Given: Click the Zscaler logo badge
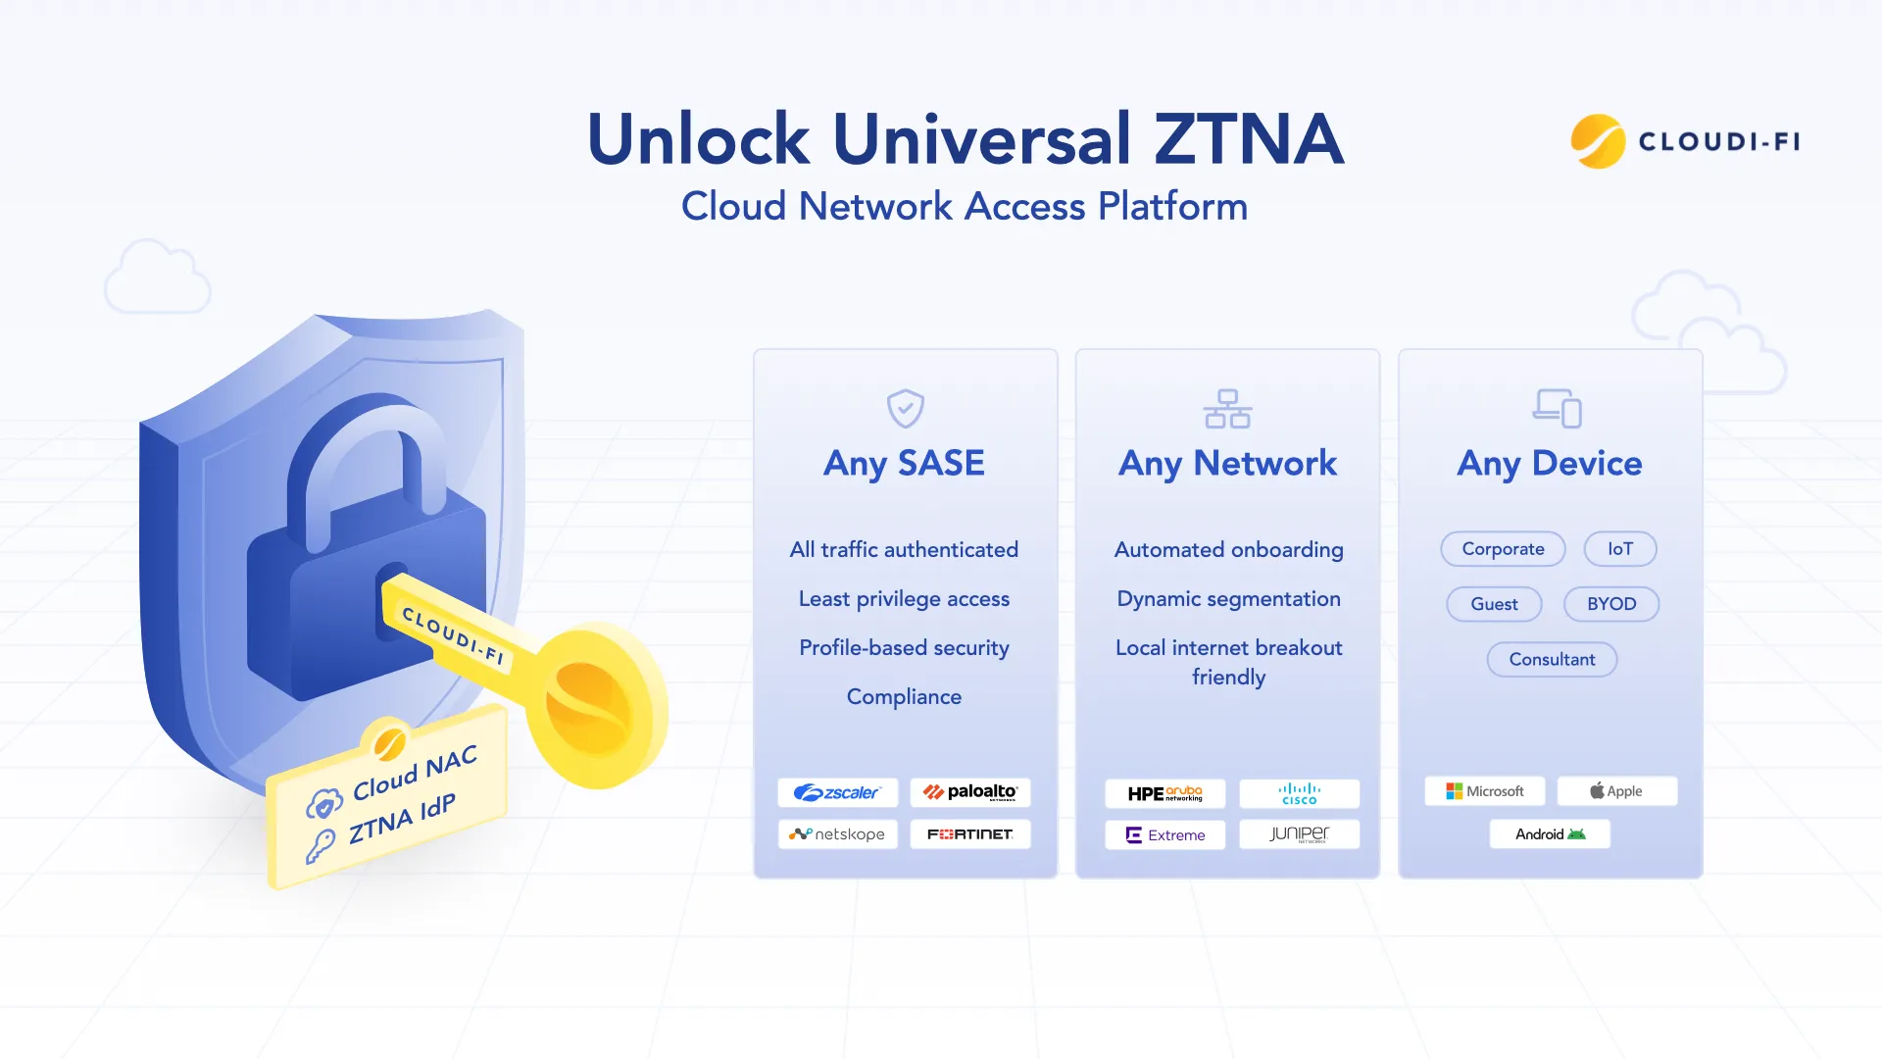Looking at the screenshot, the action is tap(837, 792).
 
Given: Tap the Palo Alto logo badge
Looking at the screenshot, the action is tap(969, 792).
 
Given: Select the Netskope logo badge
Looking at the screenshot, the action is tap(837, 834).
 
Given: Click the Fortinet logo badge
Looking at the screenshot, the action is tap(969, 834).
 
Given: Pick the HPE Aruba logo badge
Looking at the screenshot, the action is tap(1164, 793).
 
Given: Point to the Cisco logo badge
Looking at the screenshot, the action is tap(1299, 793).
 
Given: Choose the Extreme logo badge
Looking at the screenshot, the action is tap(1164, 835).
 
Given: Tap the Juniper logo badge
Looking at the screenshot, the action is tap(1299, 834).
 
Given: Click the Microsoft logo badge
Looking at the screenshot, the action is tap(1484, 791).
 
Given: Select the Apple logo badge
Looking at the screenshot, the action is tap(1616, 791).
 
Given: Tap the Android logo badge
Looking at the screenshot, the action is tap(1550, 834).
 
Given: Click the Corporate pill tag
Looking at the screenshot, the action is tap(1503, 549).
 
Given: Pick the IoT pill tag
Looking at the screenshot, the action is tap(1619, 549).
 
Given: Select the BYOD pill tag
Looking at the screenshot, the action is tap(1610, 604).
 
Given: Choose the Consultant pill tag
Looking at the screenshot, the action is tap(1552, 660).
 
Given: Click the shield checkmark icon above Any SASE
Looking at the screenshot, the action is tap(905, 408).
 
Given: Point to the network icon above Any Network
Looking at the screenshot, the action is tap(1227, 408).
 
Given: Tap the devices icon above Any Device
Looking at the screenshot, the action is tap(1557, 408).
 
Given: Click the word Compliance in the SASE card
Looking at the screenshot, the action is tap(904, 697).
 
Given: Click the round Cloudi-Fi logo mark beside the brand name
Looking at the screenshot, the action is tap(1598, 141).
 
